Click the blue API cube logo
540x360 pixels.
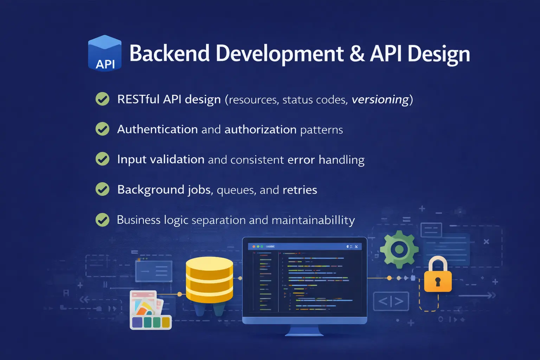pos(105,53)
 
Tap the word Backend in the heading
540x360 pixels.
pos(169,53)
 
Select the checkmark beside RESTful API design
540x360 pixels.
pos(102,99)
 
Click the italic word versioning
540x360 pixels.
pos(380,99)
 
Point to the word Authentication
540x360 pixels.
pos(157,129)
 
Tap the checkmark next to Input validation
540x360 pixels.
pos(102,159)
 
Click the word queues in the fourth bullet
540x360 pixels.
pos(236,190)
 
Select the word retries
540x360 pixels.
pos(300,190)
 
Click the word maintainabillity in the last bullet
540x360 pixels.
pos(313,220)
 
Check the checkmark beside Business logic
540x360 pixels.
pos(102,220)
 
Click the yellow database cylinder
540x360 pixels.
pos(209,279)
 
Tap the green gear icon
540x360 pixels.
pos(399,249)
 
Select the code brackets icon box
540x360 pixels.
pos(391,301)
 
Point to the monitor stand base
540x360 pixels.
pos(304,333)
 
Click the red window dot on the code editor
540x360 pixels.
pos(254,246)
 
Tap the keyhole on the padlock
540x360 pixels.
pos(438,282)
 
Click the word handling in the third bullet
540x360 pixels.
pos(341,160)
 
